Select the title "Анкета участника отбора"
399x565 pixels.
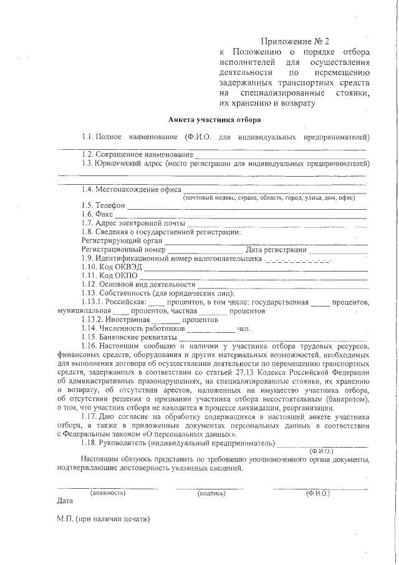[x=214, y=119]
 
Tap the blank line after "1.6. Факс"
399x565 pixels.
[x=243, y=214]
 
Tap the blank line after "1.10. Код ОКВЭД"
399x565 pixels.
[x=255, y=267]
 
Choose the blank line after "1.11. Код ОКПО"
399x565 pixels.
[x=252, y=275]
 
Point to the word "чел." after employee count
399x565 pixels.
[x=244, y=328]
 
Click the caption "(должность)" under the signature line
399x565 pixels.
[x=108, y=493]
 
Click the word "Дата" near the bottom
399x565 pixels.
[x=65, y=501]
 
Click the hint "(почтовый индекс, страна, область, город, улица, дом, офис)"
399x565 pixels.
[x=273, y=197]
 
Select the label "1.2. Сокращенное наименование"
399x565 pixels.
[x=135, y=154]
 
